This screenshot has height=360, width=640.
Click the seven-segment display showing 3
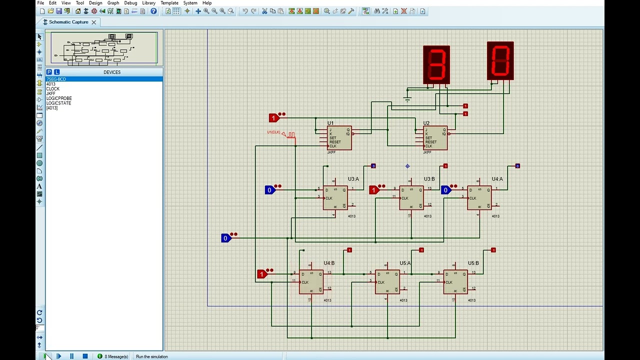tap(436, 64)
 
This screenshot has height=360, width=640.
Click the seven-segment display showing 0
tap(500, 60)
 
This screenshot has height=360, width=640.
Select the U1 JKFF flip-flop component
tap(339, 138)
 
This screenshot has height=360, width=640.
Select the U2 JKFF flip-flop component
tap(435, 138)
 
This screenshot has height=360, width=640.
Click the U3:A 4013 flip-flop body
tap(335, 198)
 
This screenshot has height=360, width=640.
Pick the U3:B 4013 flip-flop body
tap(411, 198)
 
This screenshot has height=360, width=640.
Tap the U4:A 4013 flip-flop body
tap(479, 198)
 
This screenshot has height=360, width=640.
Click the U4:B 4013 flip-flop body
tap(311, 282)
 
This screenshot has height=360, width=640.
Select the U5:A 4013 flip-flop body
tap(387, 282)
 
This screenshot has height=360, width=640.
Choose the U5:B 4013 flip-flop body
tap(455, 282)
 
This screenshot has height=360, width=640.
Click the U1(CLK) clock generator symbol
tap(290, 134)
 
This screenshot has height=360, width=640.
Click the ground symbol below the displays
tap(407, 99)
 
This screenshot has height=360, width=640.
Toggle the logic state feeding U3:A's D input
tap(270, 190)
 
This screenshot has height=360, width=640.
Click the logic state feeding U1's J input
tap(273, 118)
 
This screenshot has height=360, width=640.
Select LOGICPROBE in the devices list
tap(59, 98)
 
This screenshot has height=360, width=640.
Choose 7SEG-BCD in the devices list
tap(56, 79)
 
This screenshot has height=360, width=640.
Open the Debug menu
tap(130, 3)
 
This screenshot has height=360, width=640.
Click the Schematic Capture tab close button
tap(93, 22)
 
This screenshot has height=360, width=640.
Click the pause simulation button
tap(71, 356)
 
